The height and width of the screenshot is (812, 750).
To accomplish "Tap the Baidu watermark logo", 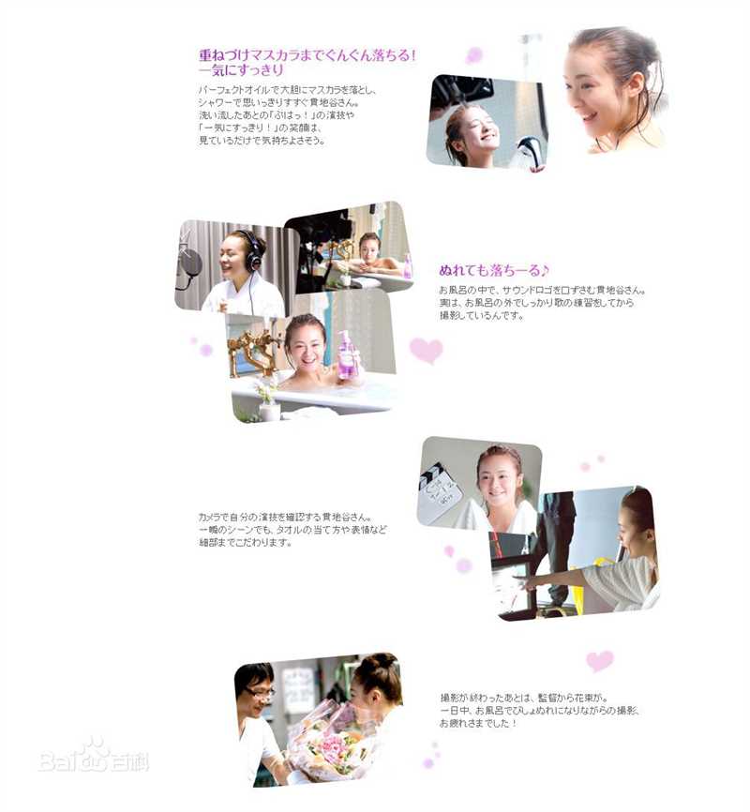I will (93, 756).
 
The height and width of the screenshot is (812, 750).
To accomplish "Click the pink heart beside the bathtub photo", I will (426, 351).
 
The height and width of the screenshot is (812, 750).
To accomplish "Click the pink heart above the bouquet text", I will (599, 661).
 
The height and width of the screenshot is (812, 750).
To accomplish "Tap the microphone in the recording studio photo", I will (190, 262).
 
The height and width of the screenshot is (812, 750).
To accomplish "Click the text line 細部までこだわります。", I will (245, 543).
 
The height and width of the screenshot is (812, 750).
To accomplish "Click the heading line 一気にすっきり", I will (241, 70).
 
